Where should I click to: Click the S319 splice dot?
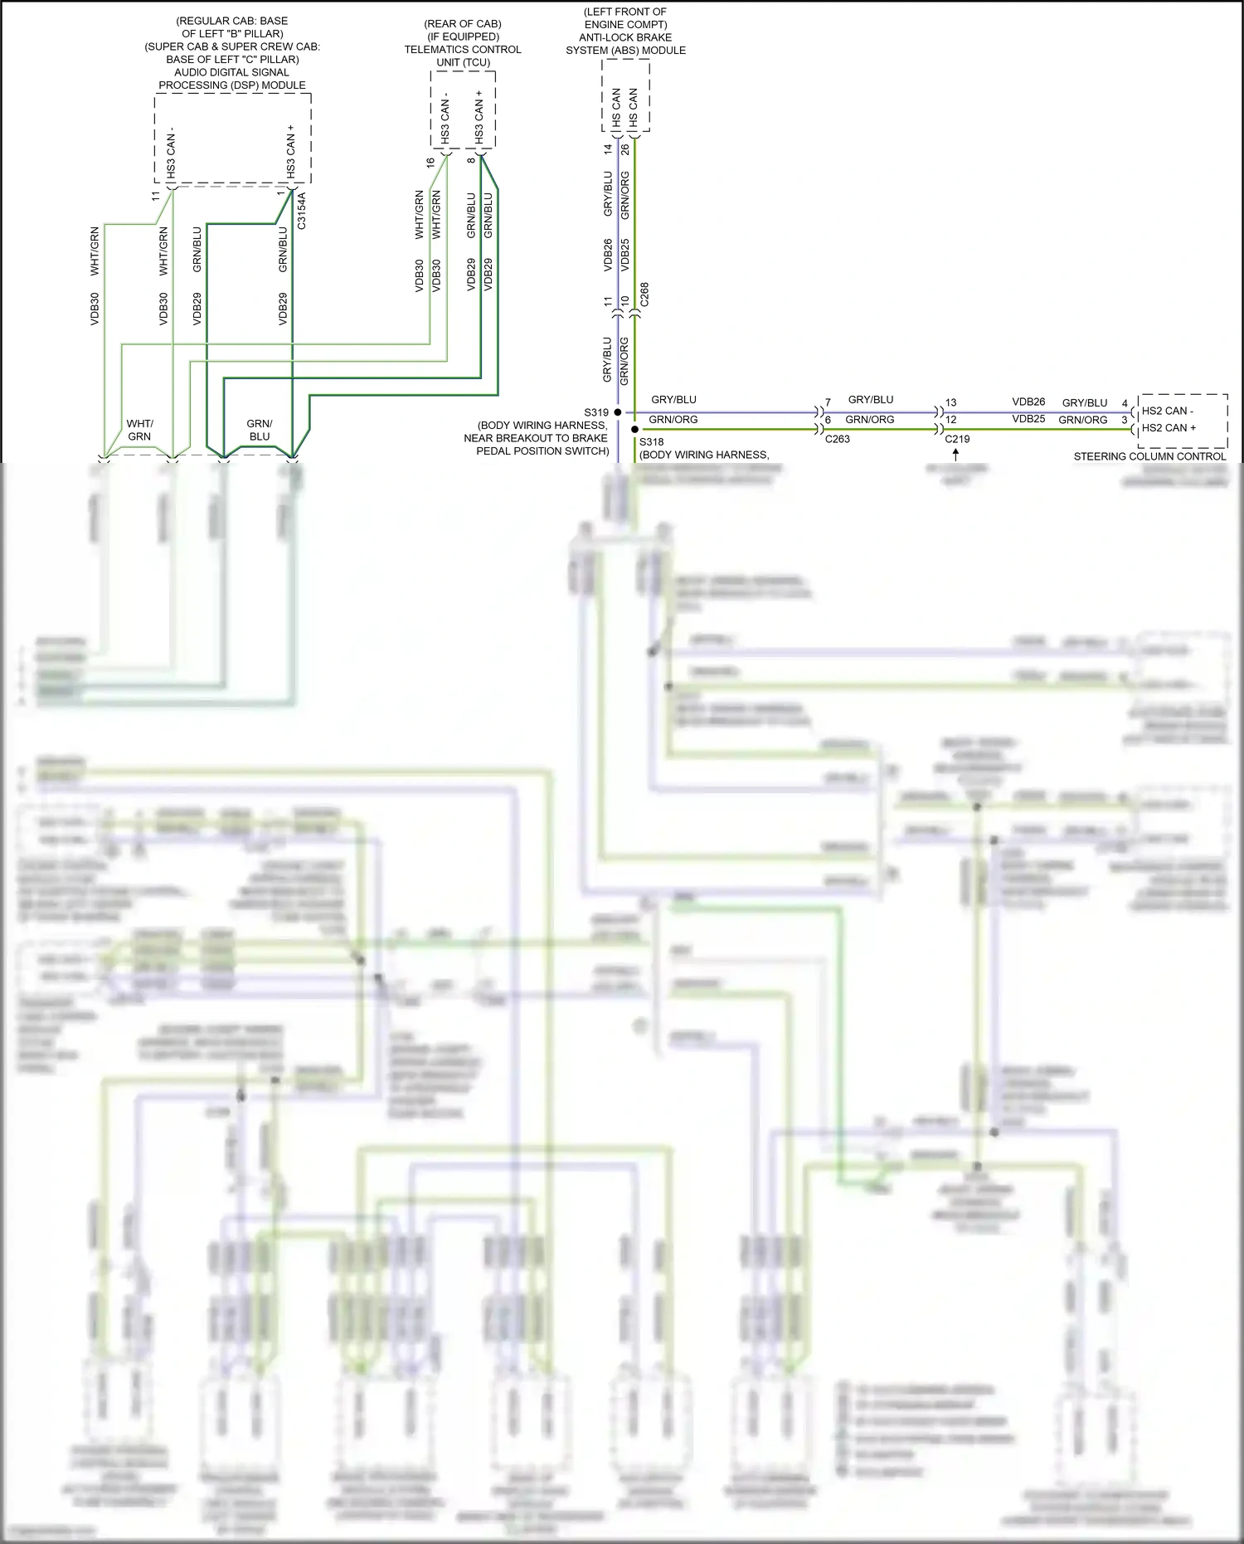click(x=618, y=412)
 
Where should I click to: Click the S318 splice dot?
click(x=635, y=430)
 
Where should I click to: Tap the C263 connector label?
click(x=837, y=439)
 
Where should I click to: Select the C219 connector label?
click(x=957, y=439)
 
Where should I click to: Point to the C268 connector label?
click(x=644, y=295)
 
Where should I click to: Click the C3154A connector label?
click(x=302, y=211)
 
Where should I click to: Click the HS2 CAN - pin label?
click(x=1168, y=411)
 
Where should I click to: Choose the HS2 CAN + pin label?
click(x=1169, y=428)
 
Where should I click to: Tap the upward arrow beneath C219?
click(x=956, y=455)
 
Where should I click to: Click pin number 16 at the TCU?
click(x=430, y=163)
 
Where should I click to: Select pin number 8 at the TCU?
click(x=471, y=159)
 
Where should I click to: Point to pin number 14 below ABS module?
click(x=608, y=149)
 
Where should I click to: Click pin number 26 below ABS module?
click(x=625, y=149)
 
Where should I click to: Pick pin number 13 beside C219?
click(x=950, y=402)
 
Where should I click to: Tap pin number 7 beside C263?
click(x=828, y=402)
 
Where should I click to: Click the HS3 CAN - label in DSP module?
click(x=171, y=153)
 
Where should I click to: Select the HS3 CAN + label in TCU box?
click(x=479, y=116)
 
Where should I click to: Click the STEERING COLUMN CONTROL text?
click(x=1149, y=456)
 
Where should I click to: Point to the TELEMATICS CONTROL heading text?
click(x=463, y=50)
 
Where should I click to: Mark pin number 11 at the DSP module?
click(x=155, y=196)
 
